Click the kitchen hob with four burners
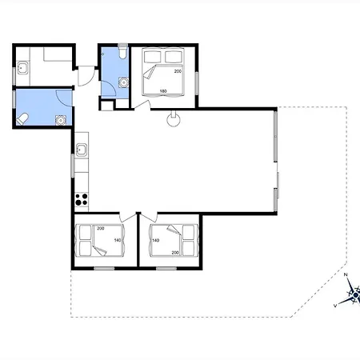point(82,199)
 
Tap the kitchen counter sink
point(82,150)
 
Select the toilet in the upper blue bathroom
point(122,53)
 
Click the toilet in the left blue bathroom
point(22,118)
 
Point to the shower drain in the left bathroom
point(61,121)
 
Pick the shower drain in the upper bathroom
point(123,82)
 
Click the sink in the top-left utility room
point(22,68)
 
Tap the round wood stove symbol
point(174,119)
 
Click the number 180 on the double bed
point(163,91)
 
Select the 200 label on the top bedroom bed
point(178,71)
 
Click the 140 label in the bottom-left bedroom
point(118,240)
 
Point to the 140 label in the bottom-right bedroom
point(156,240)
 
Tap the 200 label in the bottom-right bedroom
point(175,253)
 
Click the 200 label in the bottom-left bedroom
point(101,228)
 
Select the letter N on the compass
point(346,274)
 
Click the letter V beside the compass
point(335,306)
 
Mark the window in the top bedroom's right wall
point(197,83)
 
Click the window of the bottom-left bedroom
point(104,268)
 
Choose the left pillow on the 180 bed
point(152,57)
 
